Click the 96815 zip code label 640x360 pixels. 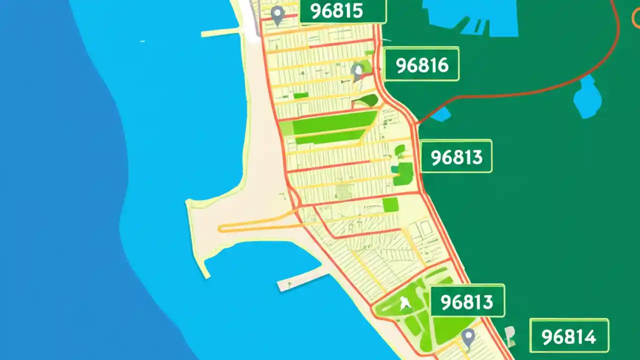(343, 11)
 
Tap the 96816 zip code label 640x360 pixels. (422, 64)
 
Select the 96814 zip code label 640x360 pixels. (569, 337)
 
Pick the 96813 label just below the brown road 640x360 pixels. (456, 157)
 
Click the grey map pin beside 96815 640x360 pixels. (276, 15)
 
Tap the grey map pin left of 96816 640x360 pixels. (357, 72)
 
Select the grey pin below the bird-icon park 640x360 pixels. (467, 338)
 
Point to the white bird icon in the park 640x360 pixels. (404, 302)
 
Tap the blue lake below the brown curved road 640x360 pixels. (587, 97)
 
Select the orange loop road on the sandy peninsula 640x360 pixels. (255, 224)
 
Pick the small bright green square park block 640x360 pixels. (390, 204)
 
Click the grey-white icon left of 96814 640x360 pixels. (510, 336)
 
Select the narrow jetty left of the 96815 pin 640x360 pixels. (220, 33)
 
